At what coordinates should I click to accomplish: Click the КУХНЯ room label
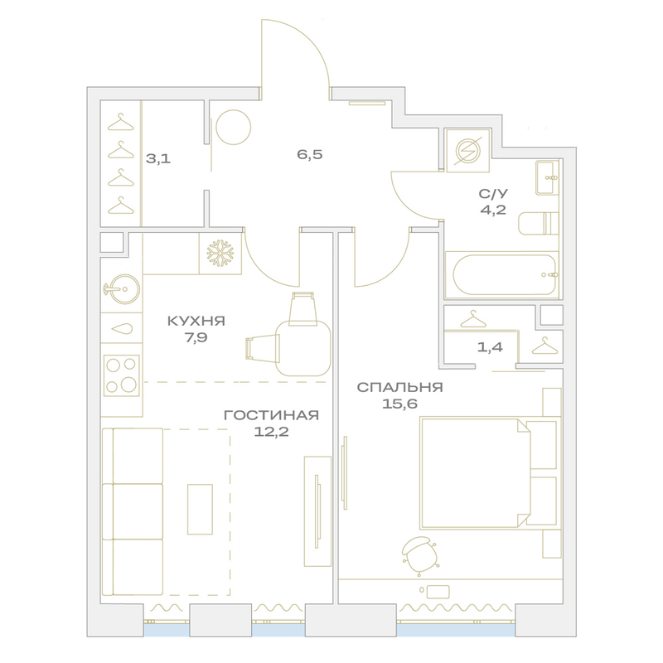pyautogui.click(x=196, y=321)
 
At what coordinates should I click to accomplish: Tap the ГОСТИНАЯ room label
pyautogui.click(x=271, y=415)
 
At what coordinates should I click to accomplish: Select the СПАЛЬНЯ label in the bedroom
pyautogui.click(x=399, y=387)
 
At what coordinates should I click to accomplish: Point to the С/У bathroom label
pyautogui.click(x=493, y=194)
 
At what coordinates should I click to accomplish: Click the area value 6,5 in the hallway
pyautogui.click(x=309, y=155)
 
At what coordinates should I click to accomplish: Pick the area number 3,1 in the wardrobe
pyautogui.click(x=158, y=159)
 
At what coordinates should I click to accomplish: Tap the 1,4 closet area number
pyautogui.click(x=490, y=347)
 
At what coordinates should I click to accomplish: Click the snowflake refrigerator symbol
pyautogui.click(x=220, y=254)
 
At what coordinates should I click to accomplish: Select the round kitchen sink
pyautogui.click(x=122, y=289)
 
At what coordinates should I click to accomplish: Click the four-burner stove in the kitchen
pyautogui.click(x=122, y=375)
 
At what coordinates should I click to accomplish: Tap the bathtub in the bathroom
pyautogui.click(x=502, y=275)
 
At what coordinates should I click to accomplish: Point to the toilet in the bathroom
pyautogui.click(x=538, y=223)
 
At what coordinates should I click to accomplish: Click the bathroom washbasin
pyautogui.click(x=547, y=177)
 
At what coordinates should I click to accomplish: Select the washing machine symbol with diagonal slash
pyautogui.click(x=467, y=151)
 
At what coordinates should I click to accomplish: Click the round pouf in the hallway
pyautogui.click(x=234, y=128)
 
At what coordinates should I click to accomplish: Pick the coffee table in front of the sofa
pyautogui.click(x=200, y=509)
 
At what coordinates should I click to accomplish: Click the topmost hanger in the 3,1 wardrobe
pyautogui.click(x=120, y=123)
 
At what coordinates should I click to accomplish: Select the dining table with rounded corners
pyautogui.click(x=302, y=348)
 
